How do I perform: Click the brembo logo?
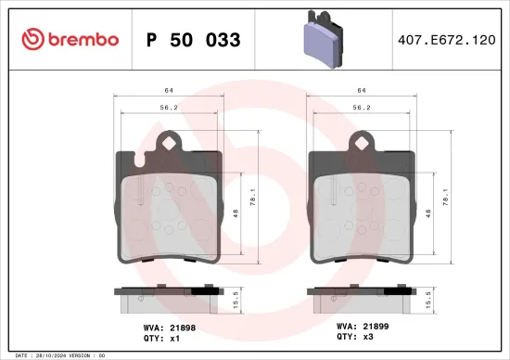point(69,39)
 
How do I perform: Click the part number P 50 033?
point(194,40)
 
